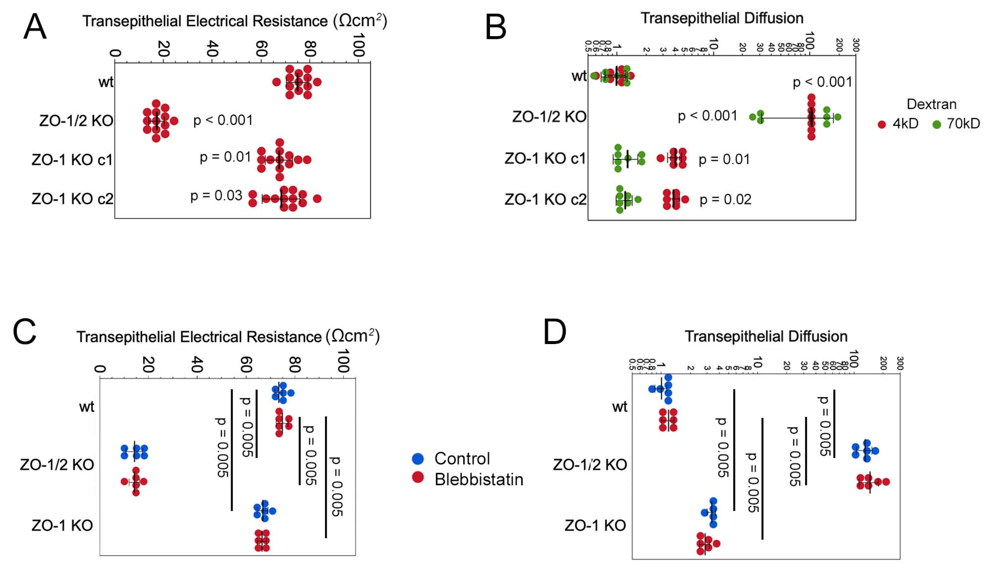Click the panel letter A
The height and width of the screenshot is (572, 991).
click(35, 27)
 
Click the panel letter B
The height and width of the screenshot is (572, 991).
click(496, 27)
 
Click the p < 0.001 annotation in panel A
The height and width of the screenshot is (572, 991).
click(223, 120)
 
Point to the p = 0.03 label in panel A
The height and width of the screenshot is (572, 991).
click(216, 196)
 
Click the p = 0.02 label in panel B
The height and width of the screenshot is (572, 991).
click(725, 200)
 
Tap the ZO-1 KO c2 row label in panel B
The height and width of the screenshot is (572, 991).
click(545, 200)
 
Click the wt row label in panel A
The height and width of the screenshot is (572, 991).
click(106, 82)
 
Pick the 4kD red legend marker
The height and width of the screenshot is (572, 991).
click(882, 124)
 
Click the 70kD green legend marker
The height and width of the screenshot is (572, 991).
click(937, 124)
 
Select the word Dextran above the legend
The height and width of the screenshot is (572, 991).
click(931, 104)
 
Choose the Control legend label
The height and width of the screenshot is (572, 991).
click(462, 458)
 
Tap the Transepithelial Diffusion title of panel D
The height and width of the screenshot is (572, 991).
click(766, 336)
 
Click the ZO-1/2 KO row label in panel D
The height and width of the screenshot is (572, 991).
click(590, 465)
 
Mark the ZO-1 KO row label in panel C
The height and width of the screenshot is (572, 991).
click(62, 525)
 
